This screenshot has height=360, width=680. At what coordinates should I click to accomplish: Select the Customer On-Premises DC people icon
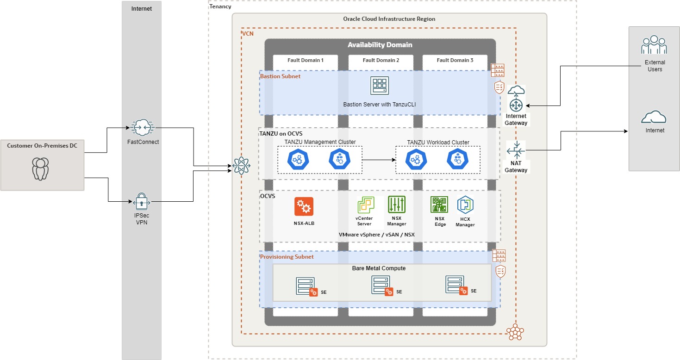[40, 169]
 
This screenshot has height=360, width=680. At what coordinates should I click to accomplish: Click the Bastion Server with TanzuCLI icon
[379, 86]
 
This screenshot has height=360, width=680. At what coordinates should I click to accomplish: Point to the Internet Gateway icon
[516, 103]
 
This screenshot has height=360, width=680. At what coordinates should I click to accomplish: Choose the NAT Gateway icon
[516, 151]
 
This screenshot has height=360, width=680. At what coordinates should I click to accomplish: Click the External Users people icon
[654, 45]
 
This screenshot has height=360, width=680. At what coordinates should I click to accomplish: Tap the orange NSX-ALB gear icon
[304, 206]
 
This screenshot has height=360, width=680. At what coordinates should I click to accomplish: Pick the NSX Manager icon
[396, 205]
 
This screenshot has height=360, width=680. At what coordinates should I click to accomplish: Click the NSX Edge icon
[439, 205]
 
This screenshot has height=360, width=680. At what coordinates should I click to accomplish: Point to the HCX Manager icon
[465, 205]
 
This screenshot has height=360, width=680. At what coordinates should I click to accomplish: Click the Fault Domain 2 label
[381, 60]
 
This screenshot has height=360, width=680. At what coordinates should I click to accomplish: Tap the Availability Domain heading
[380, 45]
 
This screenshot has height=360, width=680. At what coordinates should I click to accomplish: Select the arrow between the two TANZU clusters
[378, 160]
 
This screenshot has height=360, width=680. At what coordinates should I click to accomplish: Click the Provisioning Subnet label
[287, 256]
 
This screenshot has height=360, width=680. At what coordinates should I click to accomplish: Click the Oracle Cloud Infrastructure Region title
[389, 19]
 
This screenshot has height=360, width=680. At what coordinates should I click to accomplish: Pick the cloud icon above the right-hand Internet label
[654, 118]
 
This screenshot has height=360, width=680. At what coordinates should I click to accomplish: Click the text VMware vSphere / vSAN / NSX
[376, 235]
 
